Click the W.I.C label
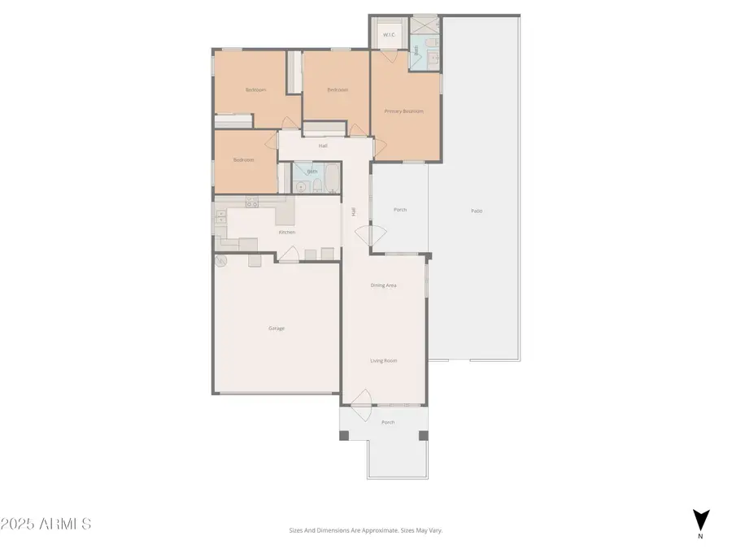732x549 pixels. click(x=388, y=35)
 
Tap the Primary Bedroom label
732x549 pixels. click(x=403, y=111)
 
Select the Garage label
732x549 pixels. click(x=277, y=329)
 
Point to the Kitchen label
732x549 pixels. click(x=286, y=233)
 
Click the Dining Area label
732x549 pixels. click(x=384, y=285)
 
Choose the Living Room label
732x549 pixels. click(x=384, y=360)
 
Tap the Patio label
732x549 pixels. click(x=477, y=211)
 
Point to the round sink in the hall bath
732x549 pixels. click(x=300, y=186)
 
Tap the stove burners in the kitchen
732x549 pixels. click(x=252, y=203)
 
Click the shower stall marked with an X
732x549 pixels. click(x=424, y=23)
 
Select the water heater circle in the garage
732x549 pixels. click(x=220, y=260)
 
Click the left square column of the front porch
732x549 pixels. click(x=344, y=435)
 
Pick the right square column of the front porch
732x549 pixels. click(x=423, y=435)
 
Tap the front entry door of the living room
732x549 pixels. click(x=360, y=400)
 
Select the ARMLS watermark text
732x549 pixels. click(x=46, y=524)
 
